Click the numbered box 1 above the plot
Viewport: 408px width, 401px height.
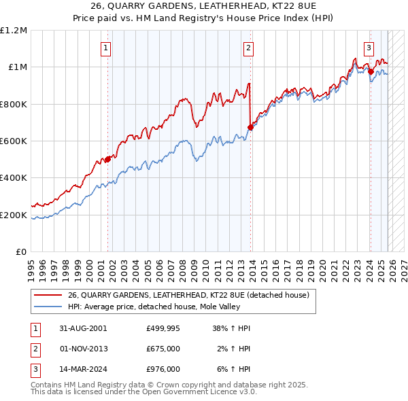coord(107,48)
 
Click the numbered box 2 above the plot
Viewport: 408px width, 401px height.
coord(248,48)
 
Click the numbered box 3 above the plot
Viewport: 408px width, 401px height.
coord(369,48)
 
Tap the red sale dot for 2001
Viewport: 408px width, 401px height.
coord(107,159)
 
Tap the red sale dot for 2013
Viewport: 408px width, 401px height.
coord(250,127)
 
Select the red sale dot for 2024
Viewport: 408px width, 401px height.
coord(370,71)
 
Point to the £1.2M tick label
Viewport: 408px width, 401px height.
coord(14,31)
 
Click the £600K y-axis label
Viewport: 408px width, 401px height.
coord(14,141)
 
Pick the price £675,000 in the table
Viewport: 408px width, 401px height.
coord(163,349)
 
